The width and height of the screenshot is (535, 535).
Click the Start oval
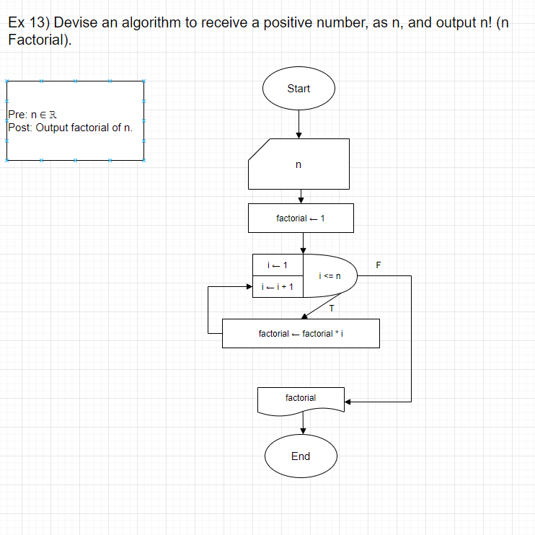tap(299, 89)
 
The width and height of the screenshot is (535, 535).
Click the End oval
tap(301, 456)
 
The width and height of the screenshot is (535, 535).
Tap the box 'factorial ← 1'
tap(301, 218)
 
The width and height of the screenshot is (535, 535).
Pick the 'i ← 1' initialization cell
tap(278, 265)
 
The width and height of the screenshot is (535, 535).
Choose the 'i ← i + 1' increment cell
tap(278, 287)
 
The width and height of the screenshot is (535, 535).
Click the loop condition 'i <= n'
tap(328, 275)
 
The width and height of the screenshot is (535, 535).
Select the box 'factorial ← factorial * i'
tap(301, 334)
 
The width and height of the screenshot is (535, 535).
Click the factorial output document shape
tap(301, 399)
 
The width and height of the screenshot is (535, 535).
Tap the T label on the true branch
tap(331, 309)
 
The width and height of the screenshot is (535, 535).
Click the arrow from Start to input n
tap(299, 123)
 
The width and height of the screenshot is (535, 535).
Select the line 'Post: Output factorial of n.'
tap(71, 128)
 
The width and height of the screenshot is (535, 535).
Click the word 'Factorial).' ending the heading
tap(40, 40)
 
